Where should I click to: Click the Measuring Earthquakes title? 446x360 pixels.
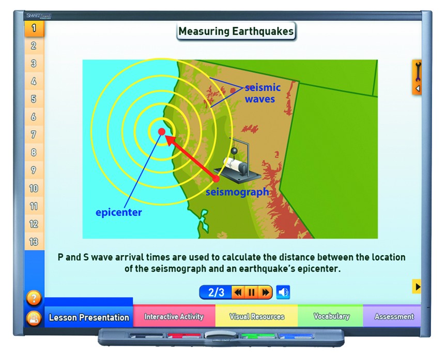pyautogui.click(x=236, y=32)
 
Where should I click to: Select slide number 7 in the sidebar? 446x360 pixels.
pyautogui.click(x=34, y=134)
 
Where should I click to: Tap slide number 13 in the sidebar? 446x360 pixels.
pyautogui.click(x=34, y=242)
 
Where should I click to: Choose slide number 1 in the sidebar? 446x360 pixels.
pyautogui.click(x=34, y=28)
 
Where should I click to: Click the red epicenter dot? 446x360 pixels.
pyautogui.click(x=162, y=132)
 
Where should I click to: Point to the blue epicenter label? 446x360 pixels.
pyautogui.click(x=118, y=212)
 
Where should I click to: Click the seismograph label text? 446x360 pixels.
pyautogui.click(x=237, y=192)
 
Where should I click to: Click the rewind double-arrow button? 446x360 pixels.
pyautogui.click(x=238, y=292)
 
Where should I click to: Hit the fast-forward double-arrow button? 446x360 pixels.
pyautogui.click(x=266, y=292)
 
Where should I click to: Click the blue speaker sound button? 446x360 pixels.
pyautogui.click(x=283, y=292)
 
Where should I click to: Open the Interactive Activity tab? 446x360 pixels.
pyautogui.click(x=174, y=317)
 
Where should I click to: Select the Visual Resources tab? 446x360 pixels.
pyautogui.click(x=256, y=317)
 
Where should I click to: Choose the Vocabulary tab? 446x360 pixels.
pyautogui.click(x=331, y=317)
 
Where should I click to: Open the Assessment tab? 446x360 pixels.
pyautogui.click(x=394, y=317)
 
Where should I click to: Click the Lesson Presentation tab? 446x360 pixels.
pyautogui.click(x=89, y=317)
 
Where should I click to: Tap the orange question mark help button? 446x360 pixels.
pyautogui.click(x=34, y=298)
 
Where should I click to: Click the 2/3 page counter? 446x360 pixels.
pyautogui.click(x=216, y=292)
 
